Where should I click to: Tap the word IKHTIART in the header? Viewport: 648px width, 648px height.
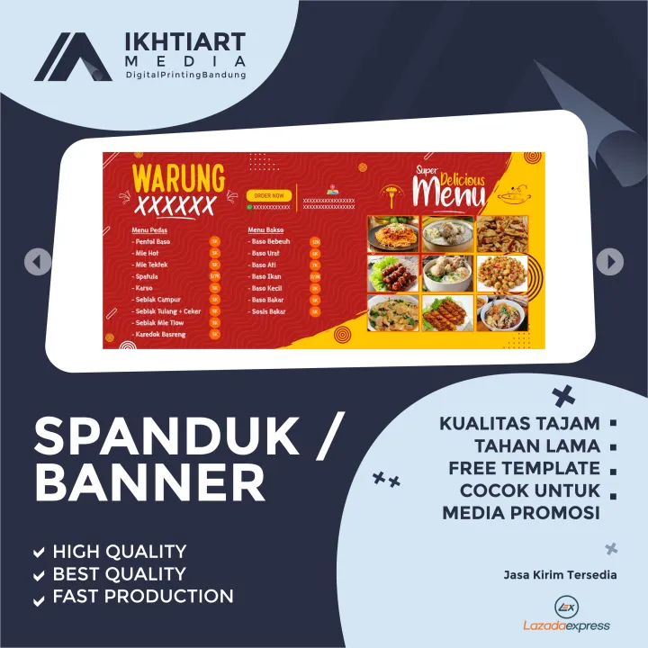[x=186, y=42]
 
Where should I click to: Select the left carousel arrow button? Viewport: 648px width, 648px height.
[x=37, y=262]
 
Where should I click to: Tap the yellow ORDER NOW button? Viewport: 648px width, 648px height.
[x=268, y=194]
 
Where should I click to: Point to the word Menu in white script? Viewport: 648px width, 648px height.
[x=447, y=192]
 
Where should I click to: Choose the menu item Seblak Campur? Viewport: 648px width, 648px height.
[x=157, y=299]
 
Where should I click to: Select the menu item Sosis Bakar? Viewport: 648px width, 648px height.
[x=268, y=311]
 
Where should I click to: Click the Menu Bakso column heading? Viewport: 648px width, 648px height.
[x=266, y=229]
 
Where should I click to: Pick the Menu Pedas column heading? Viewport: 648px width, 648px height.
[x=150, y=229]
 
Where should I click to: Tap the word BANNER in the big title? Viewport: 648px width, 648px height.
[x=149, y=483]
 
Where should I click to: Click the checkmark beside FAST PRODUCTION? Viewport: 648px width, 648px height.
[x=39, y=597]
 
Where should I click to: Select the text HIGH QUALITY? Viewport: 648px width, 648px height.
[x=120, y=552]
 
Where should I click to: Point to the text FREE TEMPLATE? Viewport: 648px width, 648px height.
[x=524, y=468]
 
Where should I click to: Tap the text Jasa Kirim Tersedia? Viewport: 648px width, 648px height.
[x=560, y=575]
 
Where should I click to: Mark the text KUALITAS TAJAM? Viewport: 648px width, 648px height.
[x=519, y=423]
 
